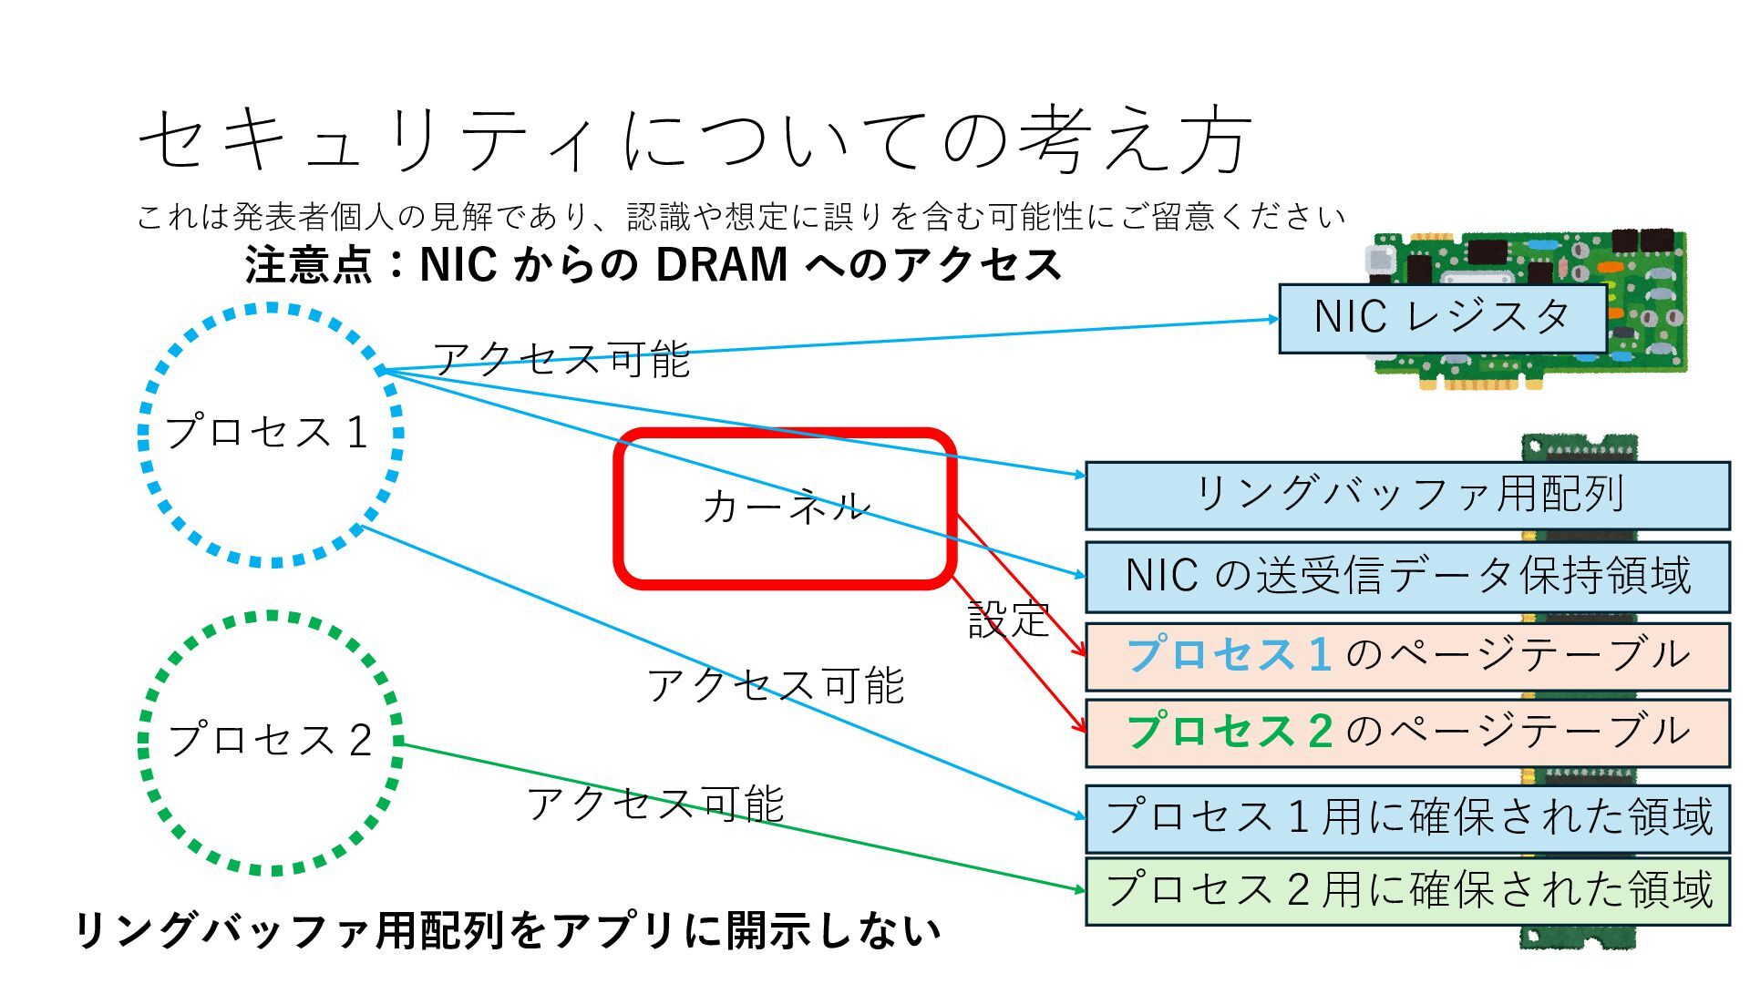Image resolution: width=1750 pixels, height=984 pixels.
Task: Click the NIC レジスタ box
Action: click(1442, 318)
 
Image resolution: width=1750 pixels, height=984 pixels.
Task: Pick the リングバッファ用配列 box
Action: click(1407, 495)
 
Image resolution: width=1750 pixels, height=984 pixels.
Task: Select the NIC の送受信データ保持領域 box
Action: click(1407, 577)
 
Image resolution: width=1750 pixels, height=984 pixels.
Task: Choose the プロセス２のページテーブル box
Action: click(1407, 733)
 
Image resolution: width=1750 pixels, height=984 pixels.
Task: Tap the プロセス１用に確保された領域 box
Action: click(1407, 817)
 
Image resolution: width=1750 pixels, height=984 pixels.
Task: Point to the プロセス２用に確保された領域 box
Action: click(1407, 890)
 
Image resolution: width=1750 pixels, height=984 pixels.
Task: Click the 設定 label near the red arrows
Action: click(1008, 620)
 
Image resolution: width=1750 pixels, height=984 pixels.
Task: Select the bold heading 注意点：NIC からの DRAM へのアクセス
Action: click(653, 265)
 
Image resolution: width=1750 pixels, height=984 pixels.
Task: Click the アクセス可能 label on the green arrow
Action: click(655, 804)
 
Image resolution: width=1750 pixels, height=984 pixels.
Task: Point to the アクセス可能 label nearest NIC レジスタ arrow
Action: click(561, 359)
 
